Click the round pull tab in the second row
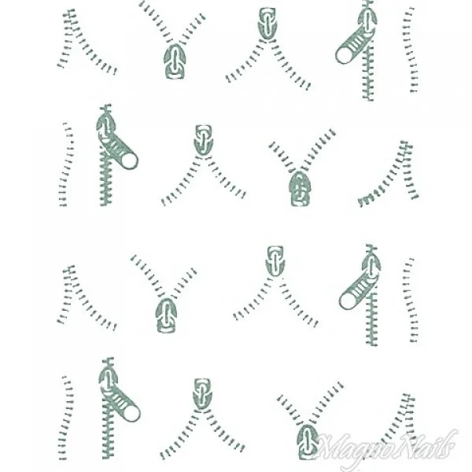(127, 160)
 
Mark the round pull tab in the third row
(351, 297)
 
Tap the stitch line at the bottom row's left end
(68, 417)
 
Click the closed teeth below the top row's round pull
(367, 79)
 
